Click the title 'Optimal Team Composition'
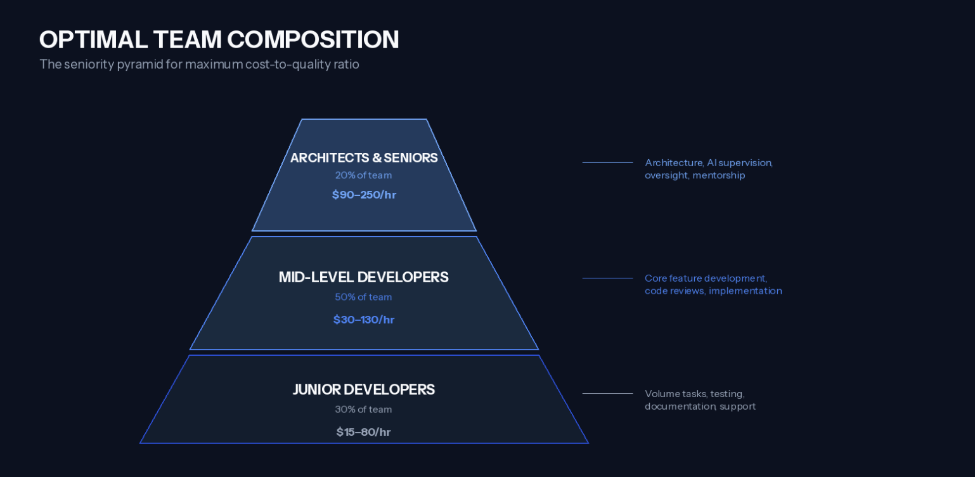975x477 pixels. tap(219, 39)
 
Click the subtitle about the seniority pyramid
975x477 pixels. tap(199, 64)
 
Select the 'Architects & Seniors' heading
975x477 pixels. tap(364, 157)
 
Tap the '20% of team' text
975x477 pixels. tap(363, 175)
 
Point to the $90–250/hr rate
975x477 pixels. tap(364, 195)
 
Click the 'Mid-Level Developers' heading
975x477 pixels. tap(363, 277)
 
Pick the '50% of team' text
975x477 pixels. tap(363, 297)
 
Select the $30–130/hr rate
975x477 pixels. tap(364, 320)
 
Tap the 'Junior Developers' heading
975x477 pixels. tap(363, 389)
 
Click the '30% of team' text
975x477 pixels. tap(363, 409)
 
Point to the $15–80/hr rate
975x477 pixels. tap(363, 432)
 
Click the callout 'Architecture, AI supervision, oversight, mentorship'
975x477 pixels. tap(708, 169)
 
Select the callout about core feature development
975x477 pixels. tap(713, 284)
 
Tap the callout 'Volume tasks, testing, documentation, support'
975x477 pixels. tap(700, 400)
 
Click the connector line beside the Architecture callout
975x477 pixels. tap(607, 163)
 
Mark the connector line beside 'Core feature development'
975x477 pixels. tap(607, 278)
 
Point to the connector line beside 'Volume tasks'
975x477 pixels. tap(607, 394)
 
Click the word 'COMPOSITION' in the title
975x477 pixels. tap(313, 39)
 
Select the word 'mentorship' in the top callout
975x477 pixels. tap(719, 175)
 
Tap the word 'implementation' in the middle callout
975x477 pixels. tap(745, 291)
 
